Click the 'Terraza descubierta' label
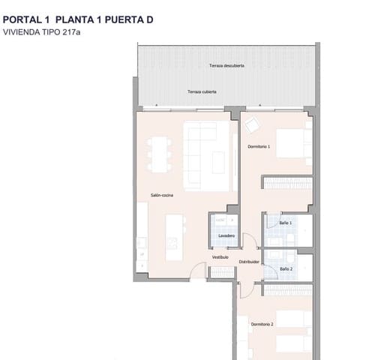[x=226, y=66]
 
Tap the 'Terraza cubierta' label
[x=202, y=91]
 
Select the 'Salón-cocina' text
[x=162, y=196]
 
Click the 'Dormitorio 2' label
[x=262, y=324]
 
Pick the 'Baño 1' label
[x=286, y=223]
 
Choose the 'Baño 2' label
[x=286, y=268]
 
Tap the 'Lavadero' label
[x=226, y=236]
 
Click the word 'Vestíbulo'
[x=220, y=256]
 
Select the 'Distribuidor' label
[x=249, y=262]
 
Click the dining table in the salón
[x=158, y=153]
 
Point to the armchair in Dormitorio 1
[x=252, y=124]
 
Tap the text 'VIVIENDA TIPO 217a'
[x=41, y=32]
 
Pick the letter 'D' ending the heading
[x=150, y=20]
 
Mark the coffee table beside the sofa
[x=219, y=160]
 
